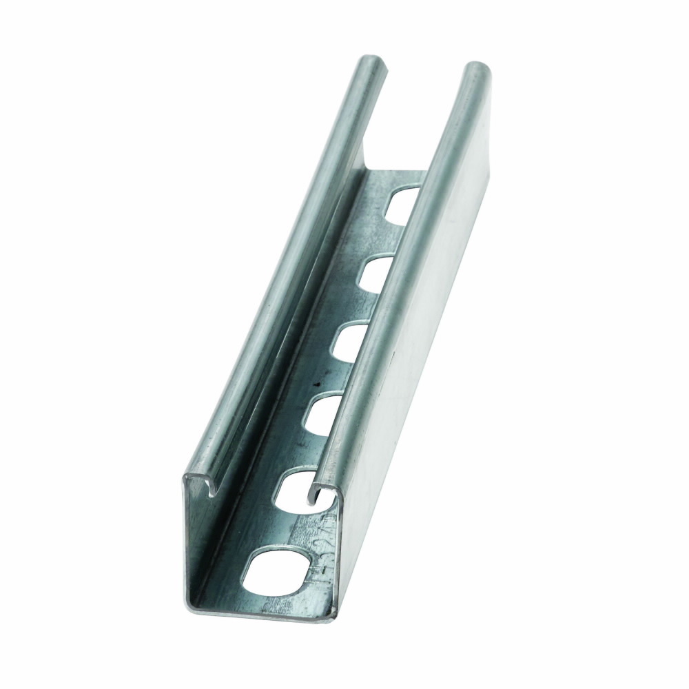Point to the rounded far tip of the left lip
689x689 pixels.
[373, 61]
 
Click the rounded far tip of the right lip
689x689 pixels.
[477, 68]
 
